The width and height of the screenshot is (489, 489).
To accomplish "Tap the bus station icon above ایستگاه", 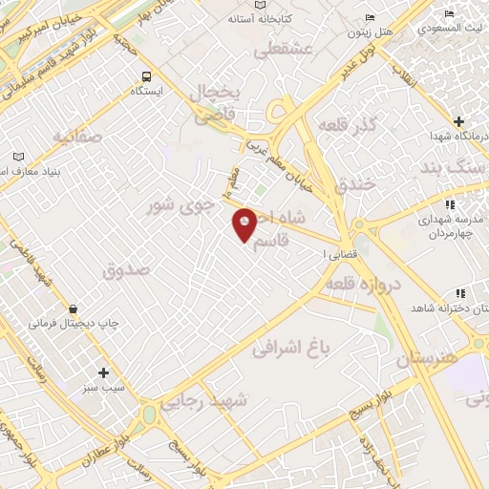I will (145, 77).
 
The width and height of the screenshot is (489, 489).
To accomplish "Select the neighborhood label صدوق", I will (127, 270).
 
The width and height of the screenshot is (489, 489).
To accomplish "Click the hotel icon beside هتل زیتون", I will (371, 18).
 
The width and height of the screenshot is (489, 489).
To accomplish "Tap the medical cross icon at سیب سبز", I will (103, 372).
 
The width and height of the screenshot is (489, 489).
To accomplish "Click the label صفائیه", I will (76, 137).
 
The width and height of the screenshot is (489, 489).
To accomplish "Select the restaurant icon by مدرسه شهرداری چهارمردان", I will (449, 204).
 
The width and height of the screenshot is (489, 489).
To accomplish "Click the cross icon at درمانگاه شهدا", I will (460, 122).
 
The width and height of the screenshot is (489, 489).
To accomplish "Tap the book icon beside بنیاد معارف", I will (19, 157).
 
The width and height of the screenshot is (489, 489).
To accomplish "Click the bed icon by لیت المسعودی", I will (449, 13).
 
